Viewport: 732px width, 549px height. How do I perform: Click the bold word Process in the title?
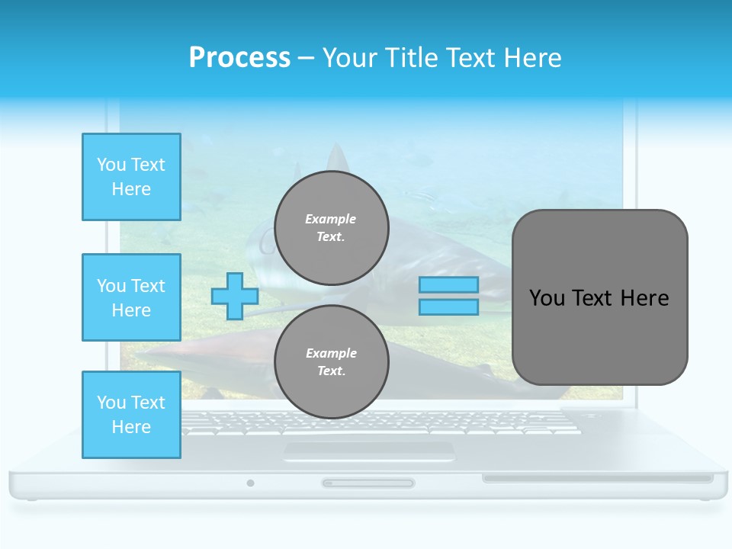pos(239,57)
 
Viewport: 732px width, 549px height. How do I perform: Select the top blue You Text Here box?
pos(131,177)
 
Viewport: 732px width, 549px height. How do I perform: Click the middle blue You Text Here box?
pos(131,297)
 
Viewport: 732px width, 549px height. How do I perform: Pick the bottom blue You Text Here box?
pos(131,415)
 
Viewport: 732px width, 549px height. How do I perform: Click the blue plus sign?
pos(235,296)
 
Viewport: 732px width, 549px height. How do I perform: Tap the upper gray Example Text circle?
pos(331,227)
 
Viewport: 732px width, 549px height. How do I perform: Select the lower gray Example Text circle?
pos(331,362)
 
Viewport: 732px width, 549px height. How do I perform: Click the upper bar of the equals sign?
pos(448,285)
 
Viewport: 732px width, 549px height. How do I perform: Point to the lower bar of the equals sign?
pos(448,307)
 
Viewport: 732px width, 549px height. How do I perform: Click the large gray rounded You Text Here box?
pos(599,297)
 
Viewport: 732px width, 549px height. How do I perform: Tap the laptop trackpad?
pos(368,451)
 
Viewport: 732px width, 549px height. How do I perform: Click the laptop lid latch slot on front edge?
pos(368,483)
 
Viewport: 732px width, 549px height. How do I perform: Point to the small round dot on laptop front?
pos(250,483)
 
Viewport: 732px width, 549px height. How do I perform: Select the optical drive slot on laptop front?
pos(597,479)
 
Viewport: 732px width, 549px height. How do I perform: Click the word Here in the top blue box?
pos(131,189)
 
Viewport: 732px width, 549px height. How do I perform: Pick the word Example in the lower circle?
pos(331,353)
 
